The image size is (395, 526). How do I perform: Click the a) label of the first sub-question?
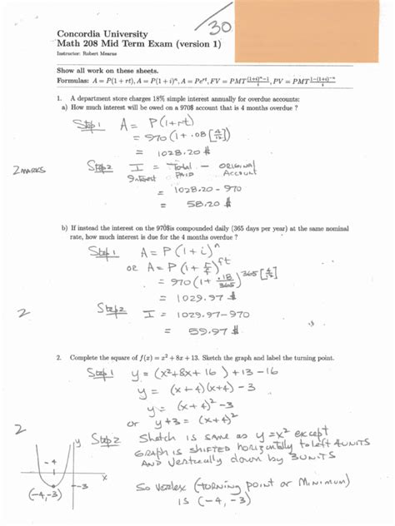pyautogui.click(x=63, y=107)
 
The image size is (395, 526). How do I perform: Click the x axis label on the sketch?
pyautogui.click(x=105, y=478)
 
